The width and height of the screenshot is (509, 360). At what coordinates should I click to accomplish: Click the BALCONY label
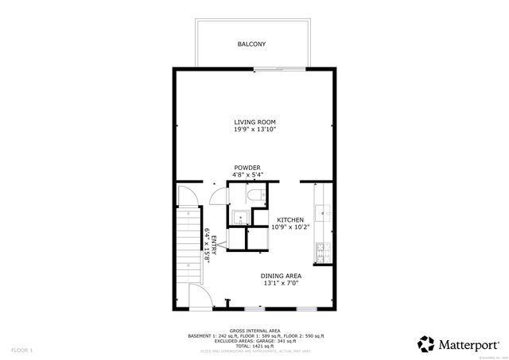point(251,45)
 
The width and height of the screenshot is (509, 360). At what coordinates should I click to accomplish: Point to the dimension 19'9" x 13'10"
point(254,129)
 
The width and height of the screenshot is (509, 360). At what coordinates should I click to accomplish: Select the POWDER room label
point(247,168)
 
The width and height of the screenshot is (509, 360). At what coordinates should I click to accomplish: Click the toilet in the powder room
point(253,195)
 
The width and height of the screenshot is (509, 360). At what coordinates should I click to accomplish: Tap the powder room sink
point(238,216)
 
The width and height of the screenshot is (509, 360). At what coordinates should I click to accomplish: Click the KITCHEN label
point(290,219)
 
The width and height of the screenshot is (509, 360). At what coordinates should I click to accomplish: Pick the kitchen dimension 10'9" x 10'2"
point(290,226)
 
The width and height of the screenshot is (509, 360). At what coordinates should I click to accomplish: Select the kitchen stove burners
point(323,254)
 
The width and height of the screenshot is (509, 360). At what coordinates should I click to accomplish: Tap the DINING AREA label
point(282,276)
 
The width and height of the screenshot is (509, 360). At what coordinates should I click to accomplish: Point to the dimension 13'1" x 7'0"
point(282,283)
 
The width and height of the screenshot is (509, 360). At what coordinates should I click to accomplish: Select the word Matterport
point(468,344)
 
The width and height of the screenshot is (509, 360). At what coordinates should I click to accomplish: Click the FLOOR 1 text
point(21,350)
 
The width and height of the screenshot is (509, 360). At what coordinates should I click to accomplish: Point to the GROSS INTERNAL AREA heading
point(254,330)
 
